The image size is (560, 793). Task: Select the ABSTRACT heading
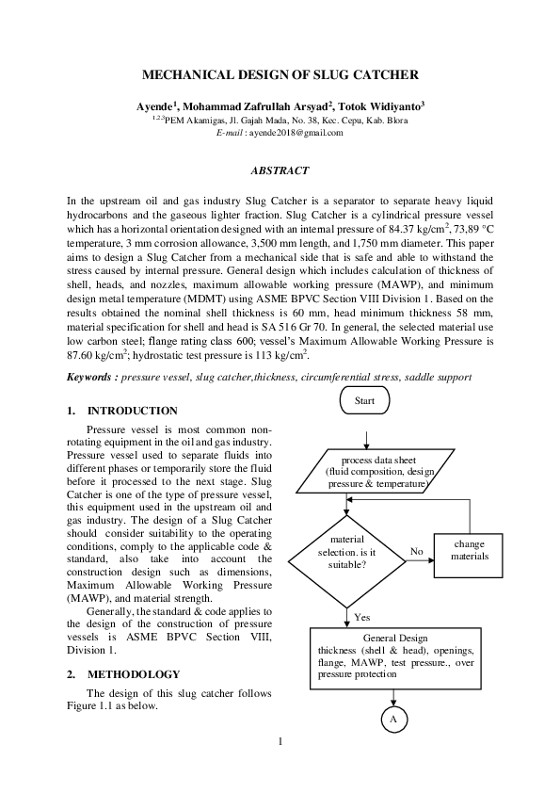pyautogui.click(x=279, y=170)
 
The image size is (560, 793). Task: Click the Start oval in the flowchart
pyautogui.click(x=364, y=400)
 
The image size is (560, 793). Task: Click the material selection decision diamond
pyautogui.click(x=348, y=551)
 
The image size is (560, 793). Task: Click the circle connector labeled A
pyautogui.click(x=393, y=720)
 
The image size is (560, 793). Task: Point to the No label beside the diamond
pyautogui.click(x=417, y=550)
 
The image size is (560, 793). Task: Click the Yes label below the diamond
pyautogui.click(x=362, y=617)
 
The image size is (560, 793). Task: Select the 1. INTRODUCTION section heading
pyautogui.click(x=122, y=411)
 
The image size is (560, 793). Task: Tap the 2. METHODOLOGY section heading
pyautogui.click(x=123, y=674)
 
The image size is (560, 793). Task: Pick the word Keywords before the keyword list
pyautogui.click(x=91, y=377)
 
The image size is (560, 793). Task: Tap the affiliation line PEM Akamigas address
pyautogui.click(x=281, y=120)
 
